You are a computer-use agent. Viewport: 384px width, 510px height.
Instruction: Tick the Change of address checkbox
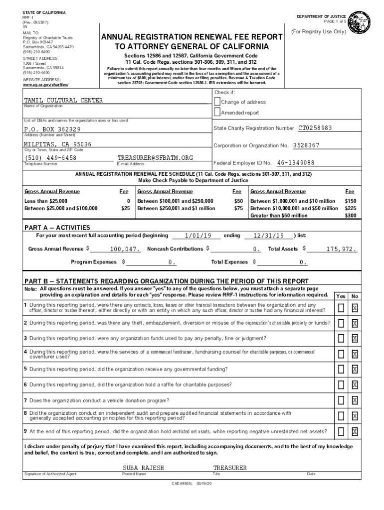click(217, 101)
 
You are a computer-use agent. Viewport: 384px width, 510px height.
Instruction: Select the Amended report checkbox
click(217, 113)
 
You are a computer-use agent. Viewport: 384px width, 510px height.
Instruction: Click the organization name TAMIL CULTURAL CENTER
click(63, 101)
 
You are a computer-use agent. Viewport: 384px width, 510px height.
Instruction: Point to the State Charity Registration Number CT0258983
click(315, 128)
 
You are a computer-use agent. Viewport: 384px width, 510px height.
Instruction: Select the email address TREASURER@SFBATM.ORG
click(155, 158)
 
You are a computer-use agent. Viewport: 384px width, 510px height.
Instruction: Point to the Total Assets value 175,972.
click(342, 249)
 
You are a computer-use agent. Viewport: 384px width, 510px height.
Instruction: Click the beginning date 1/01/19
click(198, 236)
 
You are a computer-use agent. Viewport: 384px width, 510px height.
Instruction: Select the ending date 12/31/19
click(268, 236)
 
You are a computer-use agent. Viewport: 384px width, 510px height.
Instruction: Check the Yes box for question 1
click(341, 308)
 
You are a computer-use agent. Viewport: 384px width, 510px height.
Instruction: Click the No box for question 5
click(355, 369)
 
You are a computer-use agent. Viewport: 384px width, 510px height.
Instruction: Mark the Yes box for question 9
click(341, 431)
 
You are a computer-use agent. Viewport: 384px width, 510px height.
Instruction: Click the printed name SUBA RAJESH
click(143, 468)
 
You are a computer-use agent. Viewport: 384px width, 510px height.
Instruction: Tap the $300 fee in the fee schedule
click(351, 216)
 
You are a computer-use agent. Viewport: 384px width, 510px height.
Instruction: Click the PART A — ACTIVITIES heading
click(57, 228)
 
